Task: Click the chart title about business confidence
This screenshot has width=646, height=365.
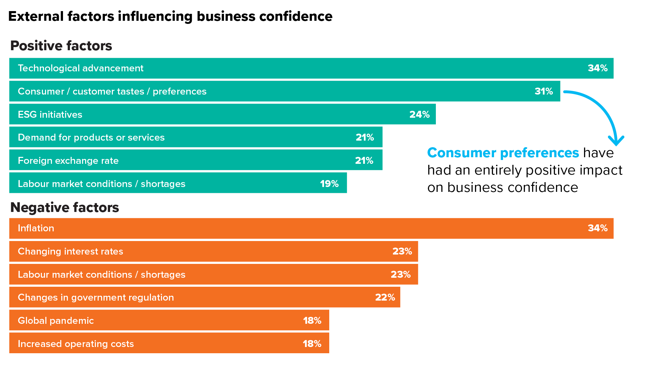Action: point(170,16)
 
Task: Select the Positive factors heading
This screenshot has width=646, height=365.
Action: point(61,46)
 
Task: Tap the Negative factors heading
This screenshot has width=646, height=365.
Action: point(64,207)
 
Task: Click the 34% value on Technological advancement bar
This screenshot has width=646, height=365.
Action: point(598,68)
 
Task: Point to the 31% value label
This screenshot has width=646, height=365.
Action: point(544,91)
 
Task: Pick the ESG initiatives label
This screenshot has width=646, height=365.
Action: point(50,115)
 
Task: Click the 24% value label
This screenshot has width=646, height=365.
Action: point(419,115)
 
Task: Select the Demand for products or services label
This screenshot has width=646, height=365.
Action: point(91,137)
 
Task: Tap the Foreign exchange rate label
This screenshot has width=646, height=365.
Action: point(68,161)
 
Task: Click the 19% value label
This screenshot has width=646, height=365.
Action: point(329,184)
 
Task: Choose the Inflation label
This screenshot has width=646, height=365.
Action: point(36,228)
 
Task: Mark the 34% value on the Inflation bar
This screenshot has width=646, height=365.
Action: point(598,228)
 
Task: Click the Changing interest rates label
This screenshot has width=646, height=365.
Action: point(70,251)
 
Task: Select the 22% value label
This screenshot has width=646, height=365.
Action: point(385,297)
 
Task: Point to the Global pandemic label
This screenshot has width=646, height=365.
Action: point(56,321)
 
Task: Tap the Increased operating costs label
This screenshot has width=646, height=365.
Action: point(75,344)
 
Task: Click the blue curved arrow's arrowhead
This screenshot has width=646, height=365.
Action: point(616,141)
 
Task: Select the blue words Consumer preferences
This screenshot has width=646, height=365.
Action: point(503,153)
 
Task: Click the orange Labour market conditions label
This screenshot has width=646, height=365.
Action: point(101,275)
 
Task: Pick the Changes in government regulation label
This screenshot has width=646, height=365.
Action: point(96,297)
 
